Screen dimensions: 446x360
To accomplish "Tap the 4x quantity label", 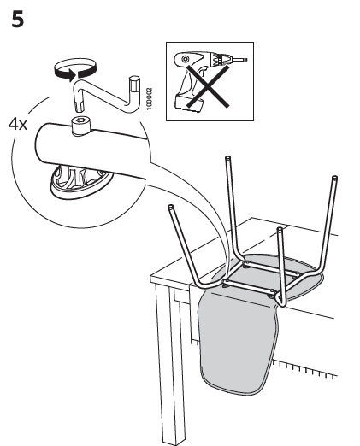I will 18,124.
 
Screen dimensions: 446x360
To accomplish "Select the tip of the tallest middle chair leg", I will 227,157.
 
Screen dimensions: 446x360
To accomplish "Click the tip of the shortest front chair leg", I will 280,231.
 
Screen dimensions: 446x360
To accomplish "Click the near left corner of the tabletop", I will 151,278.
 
